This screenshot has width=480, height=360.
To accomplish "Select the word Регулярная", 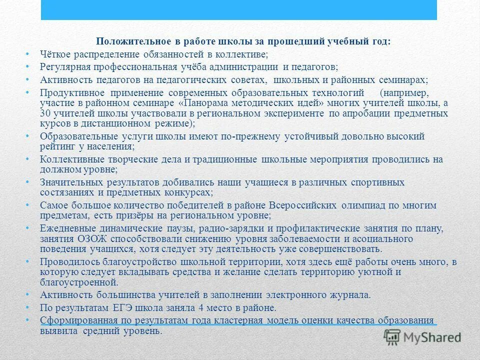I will click(x=63, y=67).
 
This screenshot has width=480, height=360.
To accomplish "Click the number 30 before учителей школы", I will click(x=45, y=113).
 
